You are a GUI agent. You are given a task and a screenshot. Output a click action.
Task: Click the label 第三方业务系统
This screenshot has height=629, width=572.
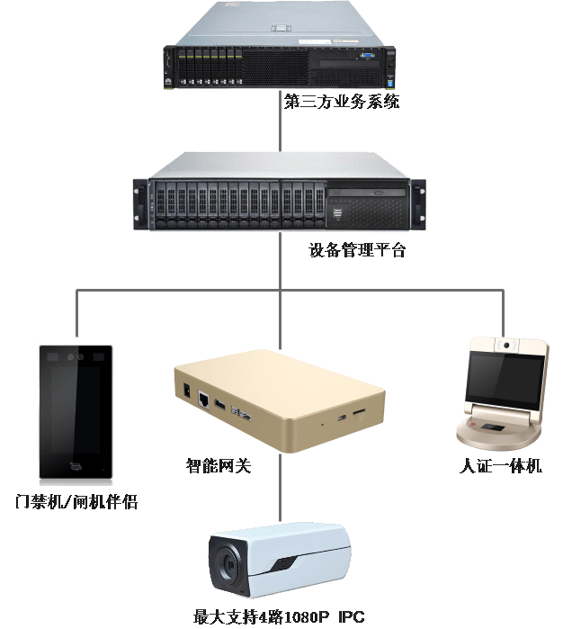(x=342, y=102)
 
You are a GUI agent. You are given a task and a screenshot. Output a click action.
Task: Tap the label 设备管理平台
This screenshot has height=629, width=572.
(x=357, y=250)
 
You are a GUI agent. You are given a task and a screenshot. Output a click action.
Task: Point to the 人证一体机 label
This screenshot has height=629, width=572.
(x=501, y=466)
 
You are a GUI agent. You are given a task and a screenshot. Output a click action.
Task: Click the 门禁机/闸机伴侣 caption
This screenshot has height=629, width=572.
(x=77, y=501)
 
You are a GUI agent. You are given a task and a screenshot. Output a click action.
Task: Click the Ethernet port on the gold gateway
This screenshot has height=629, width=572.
(x=204, y=398)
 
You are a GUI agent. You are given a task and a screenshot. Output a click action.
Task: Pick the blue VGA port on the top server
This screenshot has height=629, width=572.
(x=367, y=57)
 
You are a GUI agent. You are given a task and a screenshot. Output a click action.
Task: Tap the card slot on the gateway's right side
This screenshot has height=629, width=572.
(x=359, y=412)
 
